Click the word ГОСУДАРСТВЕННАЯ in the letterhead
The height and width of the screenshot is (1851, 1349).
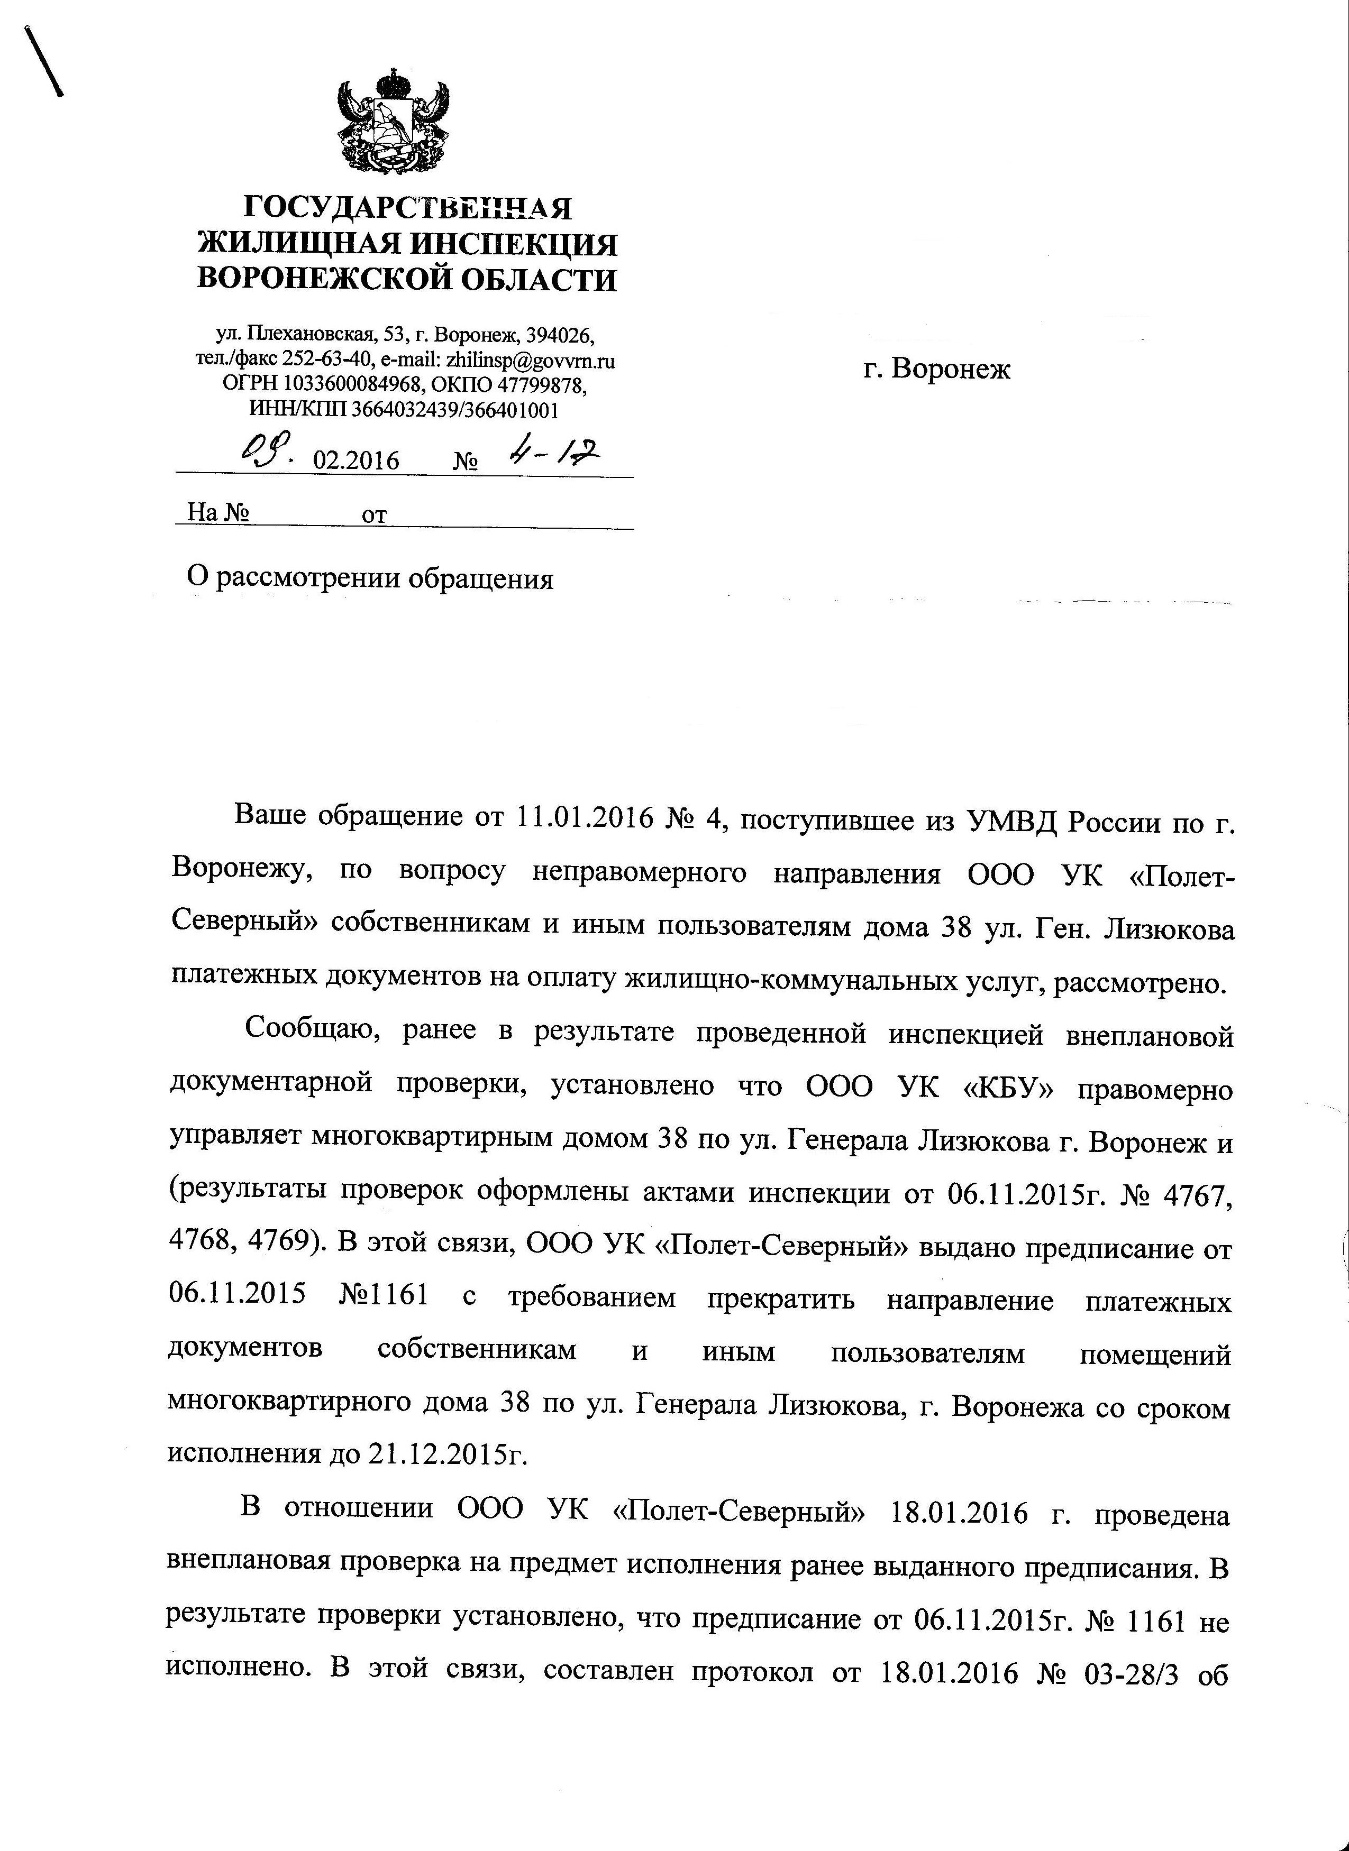408,208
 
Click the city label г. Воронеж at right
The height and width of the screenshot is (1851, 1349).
936,369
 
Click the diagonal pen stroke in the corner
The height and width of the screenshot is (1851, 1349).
45,61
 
